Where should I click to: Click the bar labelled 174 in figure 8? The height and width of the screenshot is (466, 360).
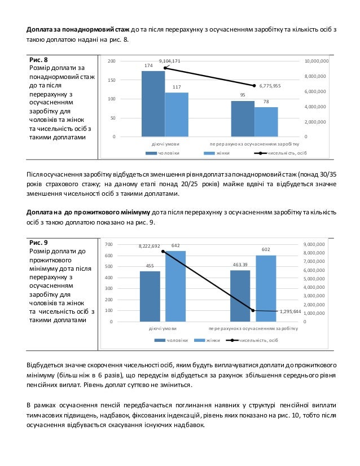click(153, 104)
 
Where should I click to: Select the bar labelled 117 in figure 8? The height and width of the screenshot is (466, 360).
click(177, 115)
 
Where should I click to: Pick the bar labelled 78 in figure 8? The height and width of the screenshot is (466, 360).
click(266, 122)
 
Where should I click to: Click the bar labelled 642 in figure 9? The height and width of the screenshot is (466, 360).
click(175, 286)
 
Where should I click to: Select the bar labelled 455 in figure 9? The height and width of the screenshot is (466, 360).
click(150, 296)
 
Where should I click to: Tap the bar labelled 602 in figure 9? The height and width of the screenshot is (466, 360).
click(266, 288)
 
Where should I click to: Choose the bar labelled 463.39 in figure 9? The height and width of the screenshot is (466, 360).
click(240, 296)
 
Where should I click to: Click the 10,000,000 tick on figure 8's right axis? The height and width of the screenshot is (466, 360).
click(316, 61)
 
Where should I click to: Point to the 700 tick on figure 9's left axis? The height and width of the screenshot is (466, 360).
click(109, 244)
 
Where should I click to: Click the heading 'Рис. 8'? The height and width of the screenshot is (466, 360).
click(38, 59)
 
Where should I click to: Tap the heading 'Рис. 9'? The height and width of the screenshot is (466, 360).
click(38, 242)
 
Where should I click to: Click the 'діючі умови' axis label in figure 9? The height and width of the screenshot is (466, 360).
click(163, 328)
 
